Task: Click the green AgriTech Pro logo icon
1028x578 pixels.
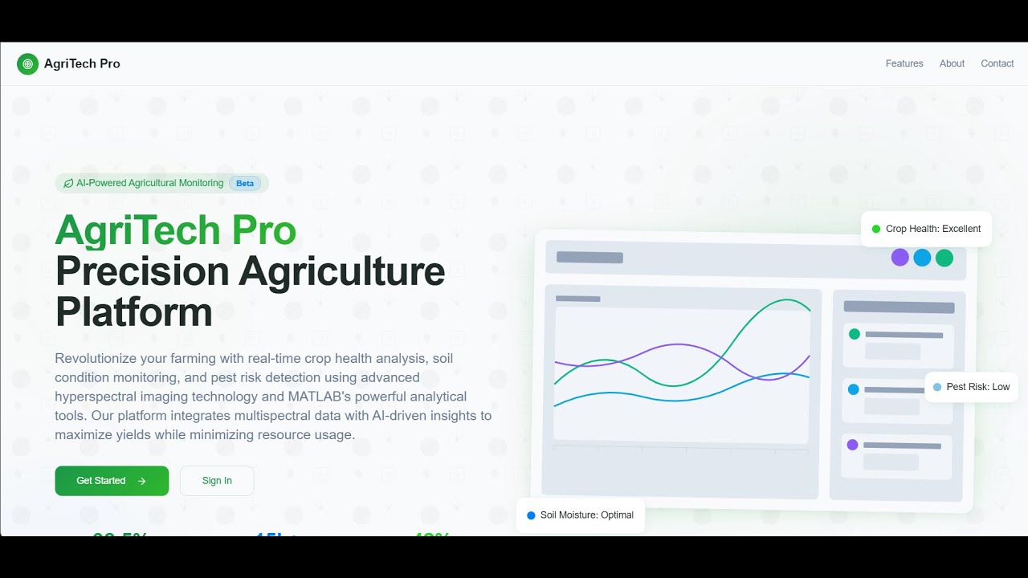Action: (27, 64)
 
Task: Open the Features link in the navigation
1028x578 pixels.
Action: (904, 63)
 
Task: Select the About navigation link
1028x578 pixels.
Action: (952, 63)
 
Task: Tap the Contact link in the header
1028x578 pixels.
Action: (997, 63)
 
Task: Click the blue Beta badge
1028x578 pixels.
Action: (245, 183)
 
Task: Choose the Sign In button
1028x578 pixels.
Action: (217, 481)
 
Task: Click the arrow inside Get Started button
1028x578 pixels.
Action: (142, 481)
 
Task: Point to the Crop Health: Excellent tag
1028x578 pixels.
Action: (926, 229)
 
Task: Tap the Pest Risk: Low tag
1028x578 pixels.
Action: (971, 387)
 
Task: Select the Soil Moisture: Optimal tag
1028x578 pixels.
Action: (580, 515)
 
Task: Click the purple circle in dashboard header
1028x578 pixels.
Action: (899, 258)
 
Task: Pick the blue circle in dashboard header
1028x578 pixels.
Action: (922, 258)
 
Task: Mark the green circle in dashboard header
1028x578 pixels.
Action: (944, 258)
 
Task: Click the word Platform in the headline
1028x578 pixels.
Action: (134, 311)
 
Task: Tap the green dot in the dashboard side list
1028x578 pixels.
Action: (854, 334)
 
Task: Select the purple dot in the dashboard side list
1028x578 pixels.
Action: (852, 445)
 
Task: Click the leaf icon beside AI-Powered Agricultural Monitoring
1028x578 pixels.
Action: (68, 184)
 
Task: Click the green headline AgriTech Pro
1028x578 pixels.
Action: (176, 230)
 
